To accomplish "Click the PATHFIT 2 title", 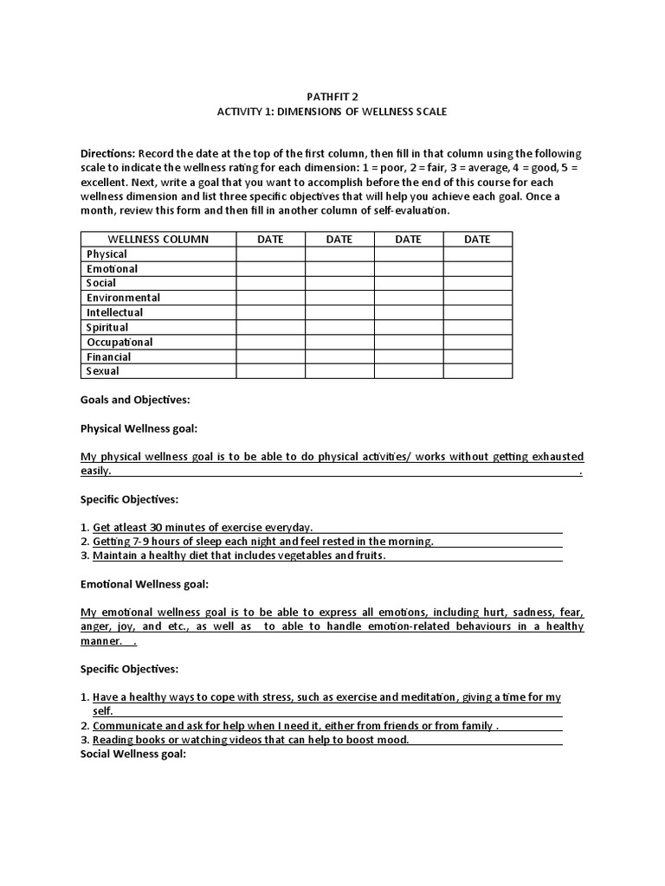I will coord(332,97).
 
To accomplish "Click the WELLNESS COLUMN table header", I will coord(158,239).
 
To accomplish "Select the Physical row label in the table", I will coord(107,254).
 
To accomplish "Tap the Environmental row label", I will coord(123,298).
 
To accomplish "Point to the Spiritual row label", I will coord(107,327).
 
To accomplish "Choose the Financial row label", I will coord(109,356).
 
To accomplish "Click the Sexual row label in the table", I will coord(103,371).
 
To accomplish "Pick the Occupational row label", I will coord(119,342).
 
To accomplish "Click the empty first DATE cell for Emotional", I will coord(270,268).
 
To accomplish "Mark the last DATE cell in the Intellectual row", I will coord(477,312).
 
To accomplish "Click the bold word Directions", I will coord(107,153).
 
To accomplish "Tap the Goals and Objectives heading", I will coord(135,400).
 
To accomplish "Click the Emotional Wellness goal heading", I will coord(144,584).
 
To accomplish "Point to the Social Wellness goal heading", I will coord(133,754).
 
